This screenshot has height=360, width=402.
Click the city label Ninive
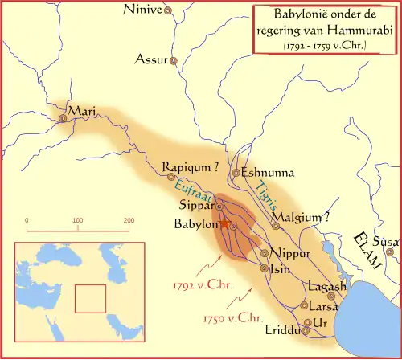pos(142,10)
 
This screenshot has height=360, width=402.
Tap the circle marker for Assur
pos(170,60)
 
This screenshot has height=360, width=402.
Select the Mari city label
pos(83,110)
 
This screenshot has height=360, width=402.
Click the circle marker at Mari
pos(63,119)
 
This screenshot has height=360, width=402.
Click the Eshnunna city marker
pos(236,173)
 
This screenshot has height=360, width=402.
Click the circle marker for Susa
pos(389,252)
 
